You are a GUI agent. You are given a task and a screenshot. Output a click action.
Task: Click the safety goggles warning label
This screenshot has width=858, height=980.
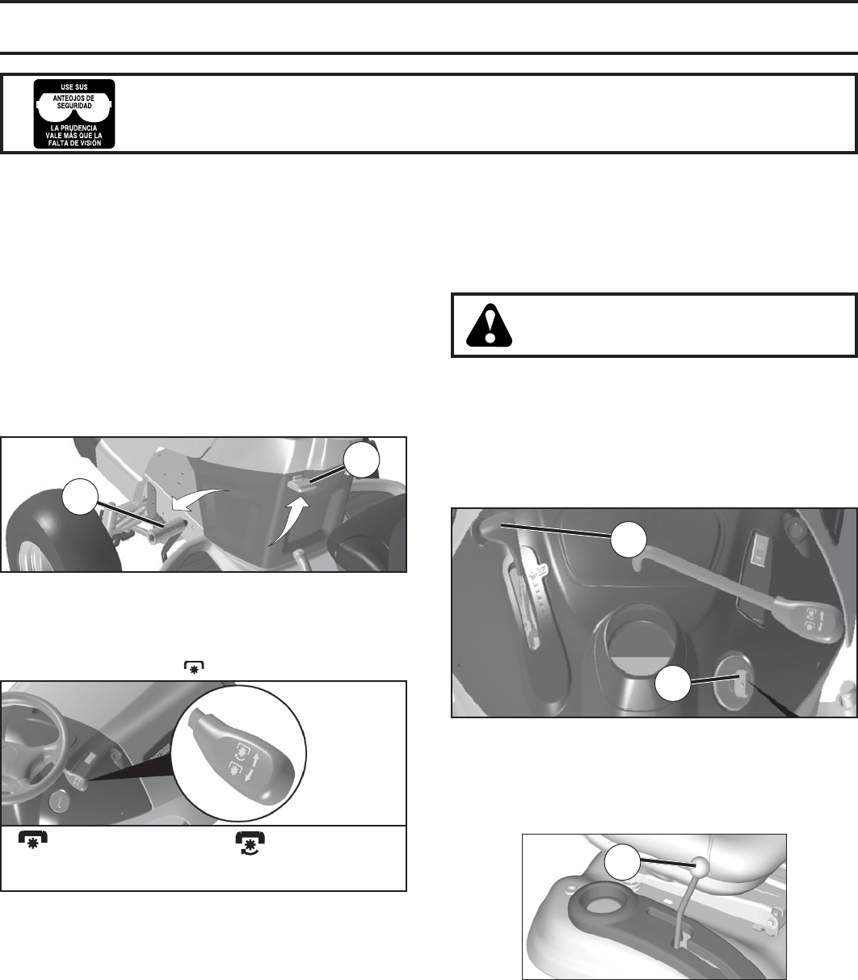click(74, 113)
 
